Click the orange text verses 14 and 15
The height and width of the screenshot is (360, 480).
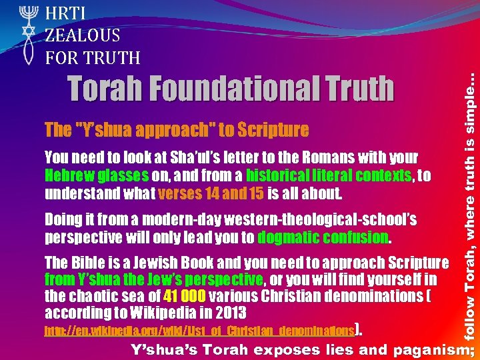[203, 194]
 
